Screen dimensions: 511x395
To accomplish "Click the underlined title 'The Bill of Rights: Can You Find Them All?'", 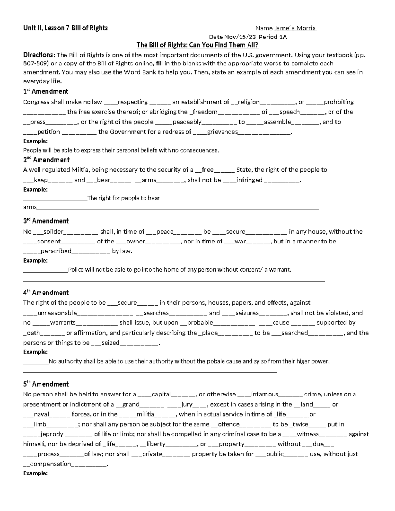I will (197, 45).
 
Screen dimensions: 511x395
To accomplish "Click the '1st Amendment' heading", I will (46, 91).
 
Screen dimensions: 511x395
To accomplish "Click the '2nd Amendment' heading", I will (46, 160).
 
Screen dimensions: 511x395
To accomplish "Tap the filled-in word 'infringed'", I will (249, 180).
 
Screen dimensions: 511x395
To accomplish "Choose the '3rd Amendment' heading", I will (46, 221).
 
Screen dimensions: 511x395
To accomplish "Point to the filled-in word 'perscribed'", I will (56, 251).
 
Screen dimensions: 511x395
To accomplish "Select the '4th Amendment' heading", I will (46, 293).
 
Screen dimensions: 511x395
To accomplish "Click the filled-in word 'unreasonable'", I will (57, 313).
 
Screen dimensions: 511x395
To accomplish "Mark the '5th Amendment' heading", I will (46, 384).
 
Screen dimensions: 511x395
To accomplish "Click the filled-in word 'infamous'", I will (265, 394).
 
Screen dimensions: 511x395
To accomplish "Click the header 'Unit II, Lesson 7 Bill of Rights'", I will (66, 28).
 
